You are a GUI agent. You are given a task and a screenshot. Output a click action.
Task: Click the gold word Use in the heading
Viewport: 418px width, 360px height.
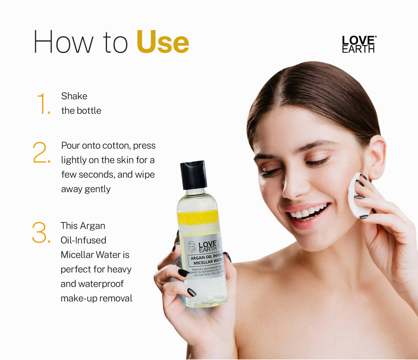pyautogui.click(x=162, y=42)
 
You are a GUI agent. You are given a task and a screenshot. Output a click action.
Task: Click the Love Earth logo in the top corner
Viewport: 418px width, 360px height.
pyautogui.click(x=359, y=44)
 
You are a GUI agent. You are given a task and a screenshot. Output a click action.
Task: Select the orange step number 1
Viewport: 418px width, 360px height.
pyautogui.click(x=44, y=104)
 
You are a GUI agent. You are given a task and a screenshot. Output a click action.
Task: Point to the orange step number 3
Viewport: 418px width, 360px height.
pyautogui.click(x=41, y=232)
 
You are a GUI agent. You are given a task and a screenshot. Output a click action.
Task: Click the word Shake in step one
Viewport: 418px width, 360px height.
pyautogui.click(x=74, y=96)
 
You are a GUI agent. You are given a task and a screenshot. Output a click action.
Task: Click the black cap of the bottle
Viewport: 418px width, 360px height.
pyautogui.click(x=193, y=175)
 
